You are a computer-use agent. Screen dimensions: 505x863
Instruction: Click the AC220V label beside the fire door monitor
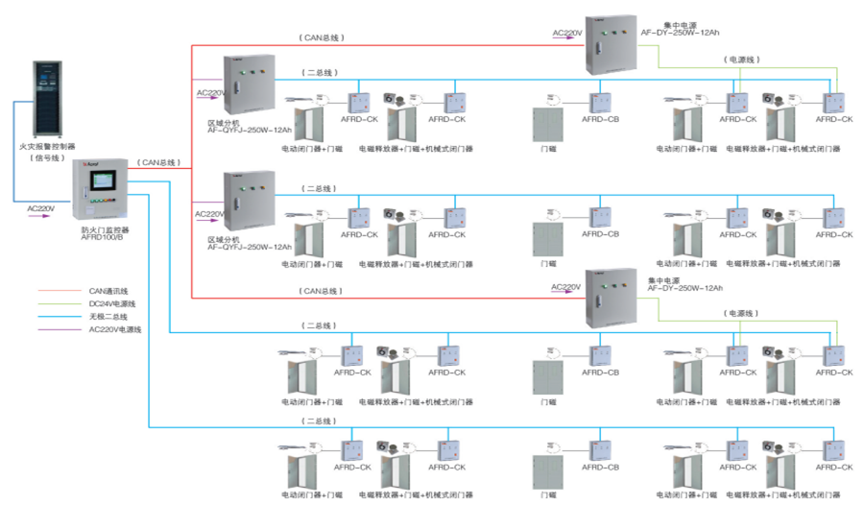click(x=41, y=208)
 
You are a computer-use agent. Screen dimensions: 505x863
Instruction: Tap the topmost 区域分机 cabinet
click(x=249, y=85)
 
